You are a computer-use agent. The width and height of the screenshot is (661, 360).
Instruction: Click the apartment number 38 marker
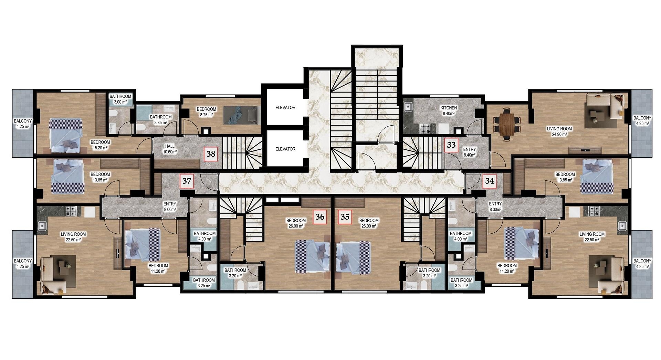[211, 153]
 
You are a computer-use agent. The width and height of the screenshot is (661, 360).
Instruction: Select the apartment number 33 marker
[451, 145]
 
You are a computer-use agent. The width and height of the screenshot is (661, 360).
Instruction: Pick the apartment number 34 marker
[490, 180]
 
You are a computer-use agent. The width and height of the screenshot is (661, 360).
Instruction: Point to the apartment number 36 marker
[320, 216]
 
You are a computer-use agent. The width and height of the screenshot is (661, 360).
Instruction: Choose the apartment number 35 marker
[345, 216]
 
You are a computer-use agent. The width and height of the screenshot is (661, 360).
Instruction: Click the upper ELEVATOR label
[285, 108]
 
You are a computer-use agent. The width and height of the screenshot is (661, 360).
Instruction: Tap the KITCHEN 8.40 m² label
[449, 110]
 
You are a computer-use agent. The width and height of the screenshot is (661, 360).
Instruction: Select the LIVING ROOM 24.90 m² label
[559, 131]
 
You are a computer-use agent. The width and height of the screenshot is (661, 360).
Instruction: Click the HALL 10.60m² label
[170, 149]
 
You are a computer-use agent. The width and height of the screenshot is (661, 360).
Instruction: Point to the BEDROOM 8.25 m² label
[206, 112]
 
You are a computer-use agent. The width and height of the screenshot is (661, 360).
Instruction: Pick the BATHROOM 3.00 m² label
[120, 99]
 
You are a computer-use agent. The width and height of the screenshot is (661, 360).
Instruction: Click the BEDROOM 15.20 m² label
[100, 145]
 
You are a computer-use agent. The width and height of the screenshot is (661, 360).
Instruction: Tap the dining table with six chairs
[506, 124]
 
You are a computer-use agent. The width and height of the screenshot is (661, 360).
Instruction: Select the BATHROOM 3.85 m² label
[161, 120]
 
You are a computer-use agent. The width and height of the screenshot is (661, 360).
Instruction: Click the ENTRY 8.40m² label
[470, 152]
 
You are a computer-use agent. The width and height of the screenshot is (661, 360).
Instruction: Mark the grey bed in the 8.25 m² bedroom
[240, 115]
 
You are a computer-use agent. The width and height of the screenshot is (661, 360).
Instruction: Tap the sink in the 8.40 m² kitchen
[408, 107]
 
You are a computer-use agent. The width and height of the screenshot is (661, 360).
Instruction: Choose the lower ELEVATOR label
[285, 149]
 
